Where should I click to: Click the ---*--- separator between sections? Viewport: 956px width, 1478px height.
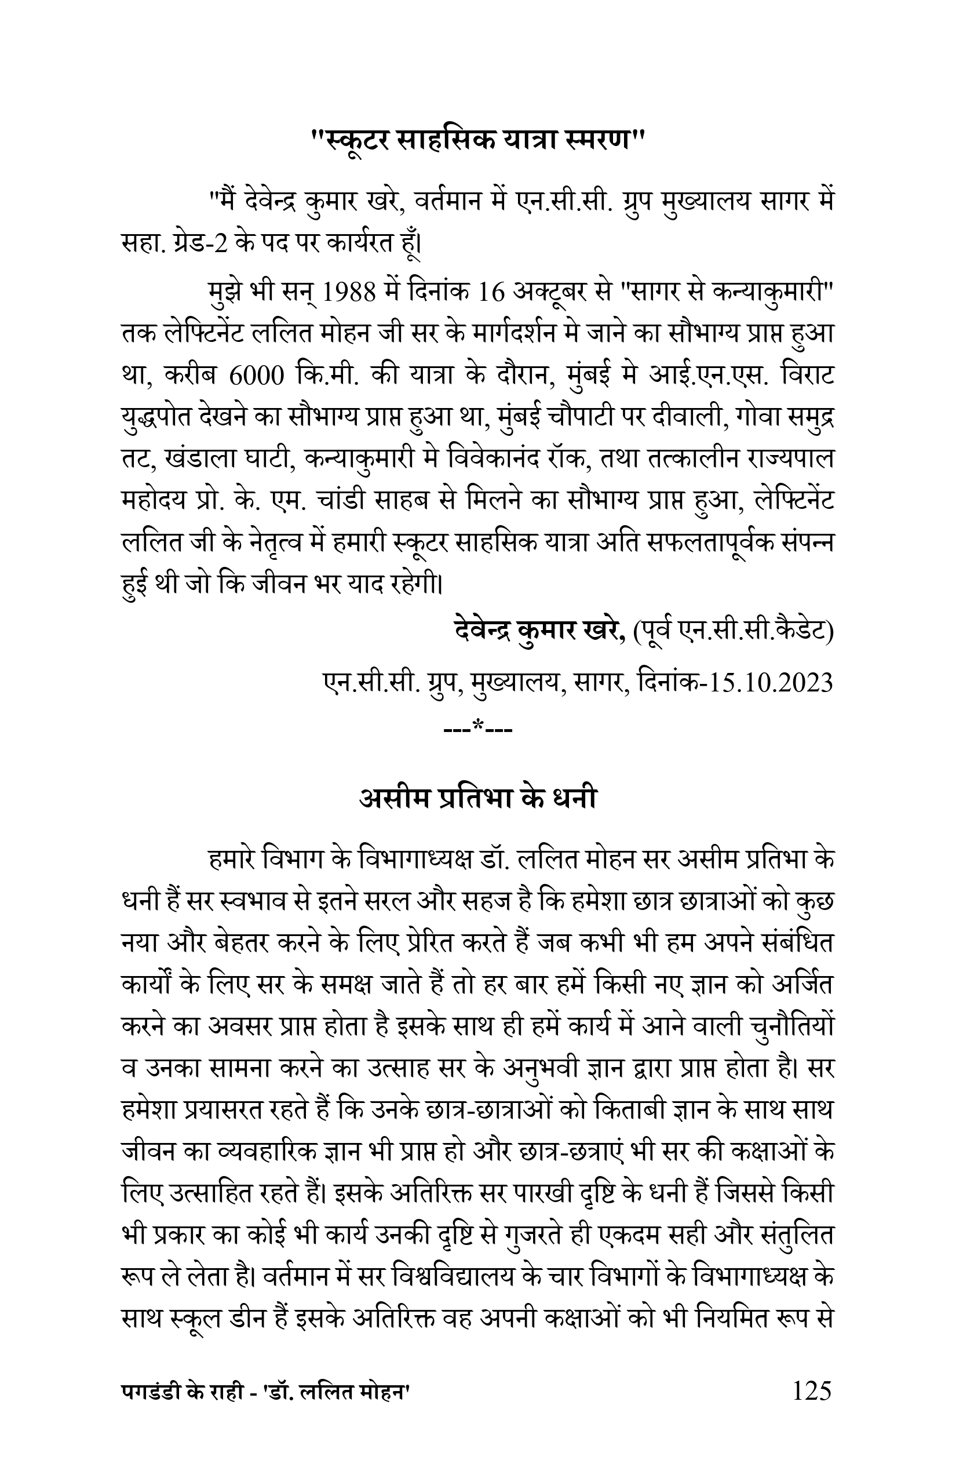[x=478, y=725]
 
